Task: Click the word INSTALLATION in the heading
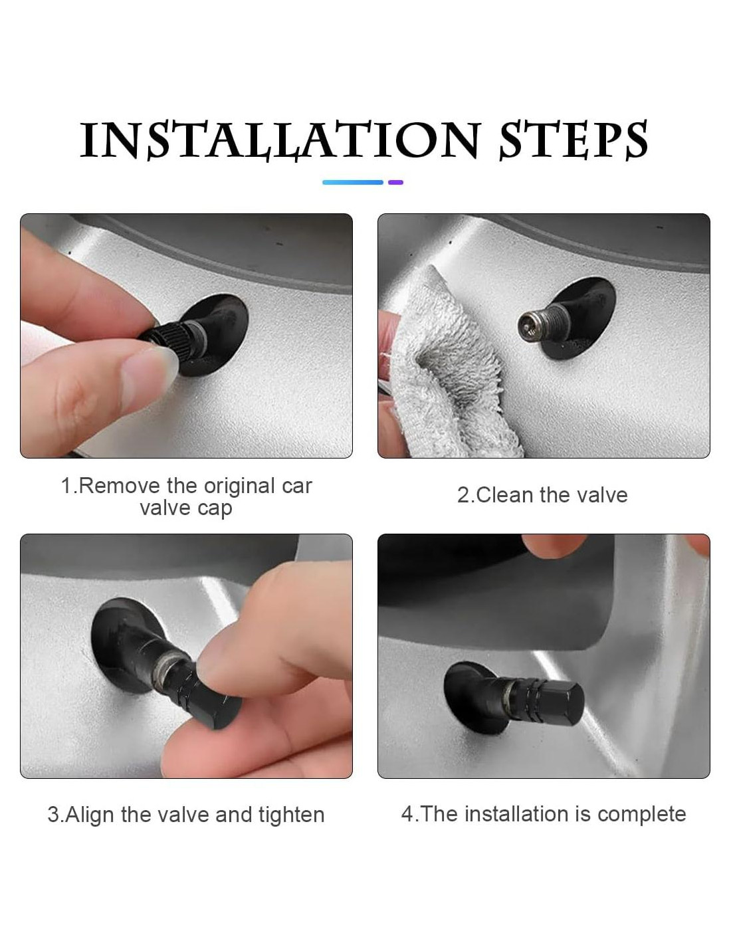point(280,140)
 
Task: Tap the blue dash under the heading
point(353,182)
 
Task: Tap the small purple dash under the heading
point(395,182)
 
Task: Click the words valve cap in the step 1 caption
point(186,508)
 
